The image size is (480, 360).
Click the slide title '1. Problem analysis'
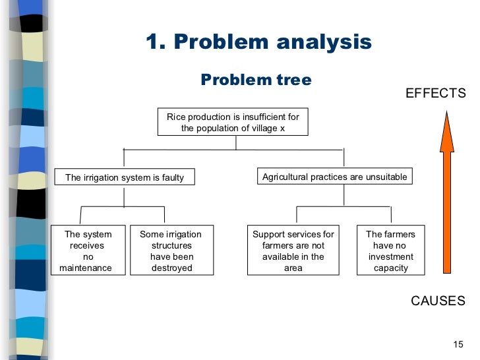tap(258, 43)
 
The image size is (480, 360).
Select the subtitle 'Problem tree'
tap(256, 80)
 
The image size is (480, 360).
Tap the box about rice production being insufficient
tap(233, 123)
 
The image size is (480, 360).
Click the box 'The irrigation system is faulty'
tap(125, 177)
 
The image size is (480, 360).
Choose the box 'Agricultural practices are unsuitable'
tap(335, 177)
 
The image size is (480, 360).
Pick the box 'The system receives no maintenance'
tap(88, 251)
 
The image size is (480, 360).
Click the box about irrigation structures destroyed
tap(171, 251)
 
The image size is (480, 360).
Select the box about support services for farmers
tap(293, 251)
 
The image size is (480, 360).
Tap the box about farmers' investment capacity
tap(391, 251)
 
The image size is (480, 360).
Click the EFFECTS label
tap(435, 94)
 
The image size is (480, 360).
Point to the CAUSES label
tap(438, 301)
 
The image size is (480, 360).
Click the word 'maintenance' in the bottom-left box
tap(86, 268)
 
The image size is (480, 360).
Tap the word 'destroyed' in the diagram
tap(171, 268)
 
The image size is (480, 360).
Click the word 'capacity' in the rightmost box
tap(391, 268)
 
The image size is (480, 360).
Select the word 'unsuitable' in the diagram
tap(386, 177)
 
